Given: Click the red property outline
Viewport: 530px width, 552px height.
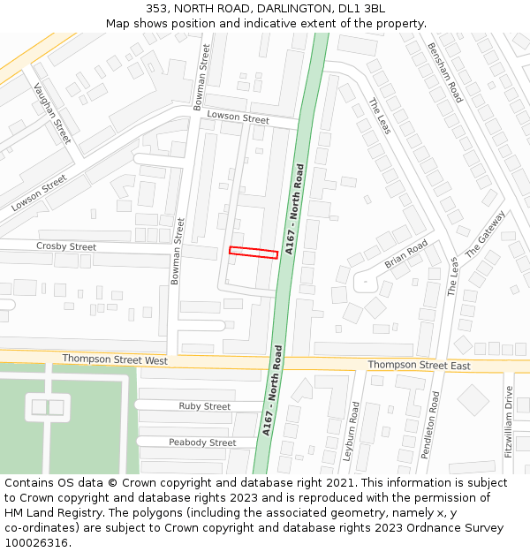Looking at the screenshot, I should [x=254, y=253].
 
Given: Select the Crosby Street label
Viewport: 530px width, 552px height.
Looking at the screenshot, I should [x=66, y=246].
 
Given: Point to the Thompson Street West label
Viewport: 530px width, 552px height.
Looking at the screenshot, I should [x=115, y=360].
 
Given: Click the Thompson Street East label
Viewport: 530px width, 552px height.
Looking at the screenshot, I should [x=419, y=365].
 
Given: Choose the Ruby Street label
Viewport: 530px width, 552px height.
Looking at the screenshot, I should [x=205, y=406].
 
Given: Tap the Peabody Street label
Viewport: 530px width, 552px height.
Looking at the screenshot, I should [x=202, y=442].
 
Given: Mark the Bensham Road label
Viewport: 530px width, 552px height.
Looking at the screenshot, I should [x=444, y=72].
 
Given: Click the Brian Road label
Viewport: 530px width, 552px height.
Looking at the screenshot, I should [x=405, y=254].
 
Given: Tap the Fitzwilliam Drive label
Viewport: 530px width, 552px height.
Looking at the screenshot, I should [x=508, y=421].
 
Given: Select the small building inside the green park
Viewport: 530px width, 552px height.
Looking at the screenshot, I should [x=48, y=407].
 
